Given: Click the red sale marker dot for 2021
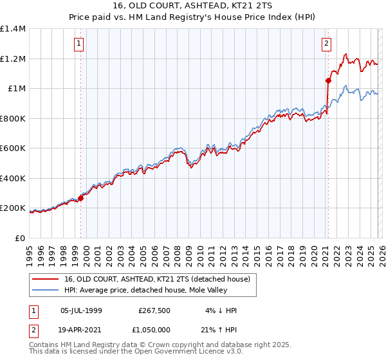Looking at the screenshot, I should click(328, 80).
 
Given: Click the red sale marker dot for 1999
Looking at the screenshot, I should click(81, 198).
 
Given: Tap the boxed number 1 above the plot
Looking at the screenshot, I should click(78, 44).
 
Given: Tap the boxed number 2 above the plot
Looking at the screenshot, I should click(326, 44).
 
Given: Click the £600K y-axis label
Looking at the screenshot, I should click(13, 148).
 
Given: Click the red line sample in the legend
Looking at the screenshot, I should click(45, 278).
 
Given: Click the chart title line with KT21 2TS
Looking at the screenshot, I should click(192, 7).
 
